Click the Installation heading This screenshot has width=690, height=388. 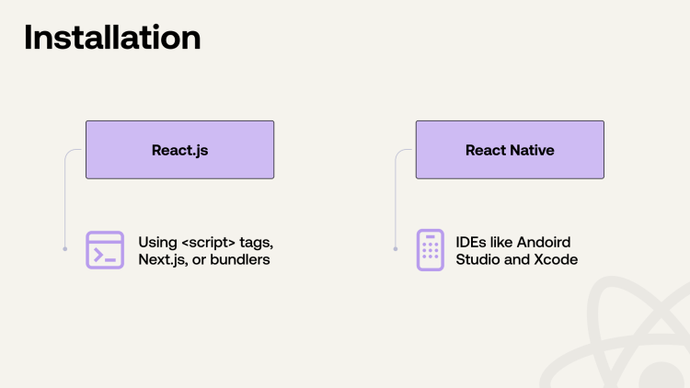coord(112,38)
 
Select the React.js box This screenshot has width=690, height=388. coord(179,150)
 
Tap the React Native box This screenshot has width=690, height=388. coord(510,150)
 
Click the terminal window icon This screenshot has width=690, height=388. coord(105,250)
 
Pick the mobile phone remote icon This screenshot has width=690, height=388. coord(430,250)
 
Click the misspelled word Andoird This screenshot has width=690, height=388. coord(544,242)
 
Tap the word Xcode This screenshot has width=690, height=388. coord(555,260)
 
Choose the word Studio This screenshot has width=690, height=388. coord(479,260)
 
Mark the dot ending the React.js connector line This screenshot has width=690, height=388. coord(64,248)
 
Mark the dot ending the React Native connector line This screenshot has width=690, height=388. coord(395,248)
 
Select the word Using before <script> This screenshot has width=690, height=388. coord(157,242)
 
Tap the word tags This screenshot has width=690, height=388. coord(258,242)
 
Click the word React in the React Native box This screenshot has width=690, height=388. coord(486,150)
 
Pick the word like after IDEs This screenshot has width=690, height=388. coord(501,242)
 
